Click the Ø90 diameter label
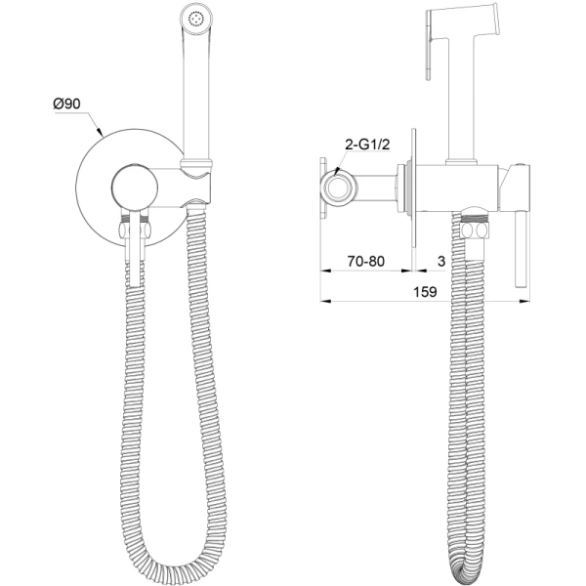pos(66,104)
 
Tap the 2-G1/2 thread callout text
pos(367,144)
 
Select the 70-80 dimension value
pos(366,261)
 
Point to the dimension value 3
pos(441,261)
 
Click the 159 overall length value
pos(425,291)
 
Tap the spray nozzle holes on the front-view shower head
pos(196,19)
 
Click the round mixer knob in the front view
pos(135,187)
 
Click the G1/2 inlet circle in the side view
pos(339,187)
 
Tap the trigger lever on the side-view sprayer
pos(429,45)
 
